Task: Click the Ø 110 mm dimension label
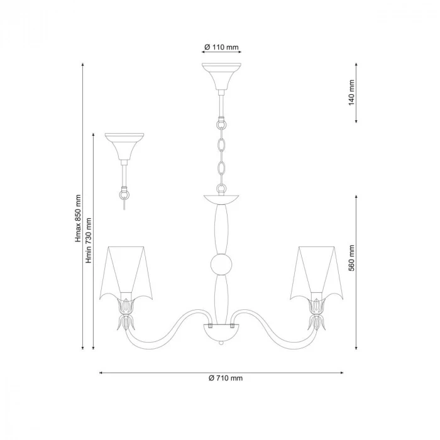[x=221, y=47]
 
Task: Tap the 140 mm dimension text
[x=351, y=92]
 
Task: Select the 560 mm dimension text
[x=351, y=258]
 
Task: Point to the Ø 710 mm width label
[x=225, y=378]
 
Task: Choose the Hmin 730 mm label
[x=89, y=241]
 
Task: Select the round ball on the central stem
[x=221, y=265]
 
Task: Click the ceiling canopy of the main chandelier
[x=221, y=76]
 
